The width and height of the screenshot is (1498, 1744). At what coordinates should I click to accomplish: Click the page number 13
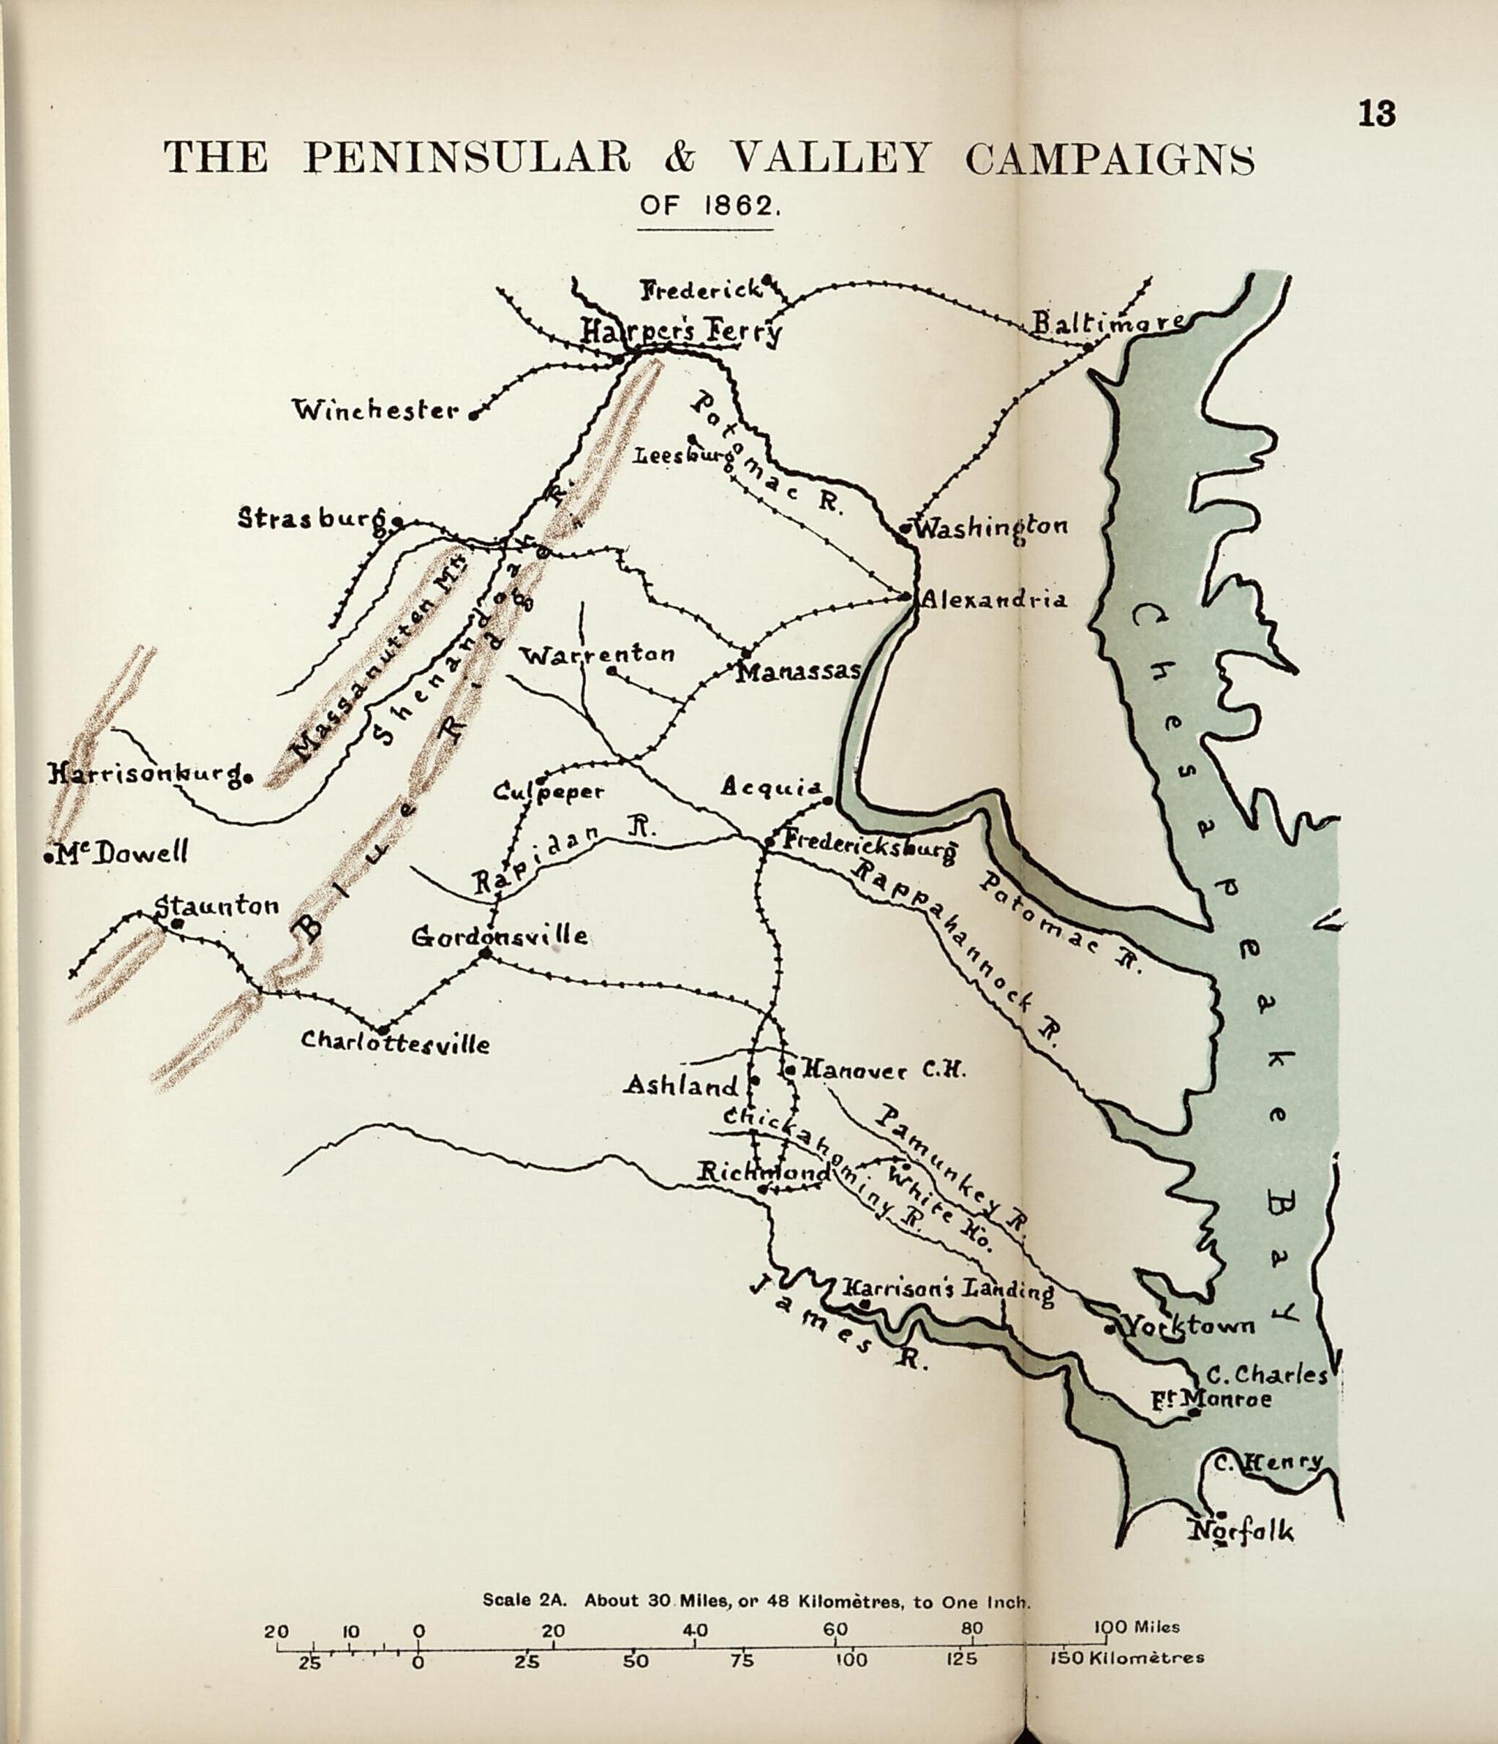click(x=1377, y=113)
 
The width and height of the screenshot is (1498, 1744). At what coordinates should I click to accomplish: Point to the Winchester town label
click(x=375, y=410)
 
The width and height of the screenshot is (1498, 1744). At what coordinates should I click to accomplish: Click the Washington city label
click(x=990, y=527)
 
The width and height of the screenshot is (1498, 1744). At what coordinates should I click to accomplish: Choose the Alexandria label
click(x=994, y=599)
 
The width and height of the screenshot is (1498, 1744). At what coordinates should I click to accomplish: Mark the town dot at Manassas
click(x=745, y=653)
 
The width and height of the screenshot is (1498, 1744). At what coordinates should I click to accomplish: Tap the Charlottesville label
click(x=395, y=1044)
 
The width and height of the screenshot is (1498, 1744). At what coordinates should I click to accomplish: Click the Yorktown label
click(x=1189, y=1327)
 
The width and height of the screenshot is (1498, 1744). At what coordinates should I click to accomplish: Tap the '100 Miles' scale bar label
click(x=1136, y=1627)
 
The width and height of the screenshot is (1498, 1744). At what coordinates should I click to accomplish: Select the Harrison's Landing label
click(x=948, y=1289)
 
